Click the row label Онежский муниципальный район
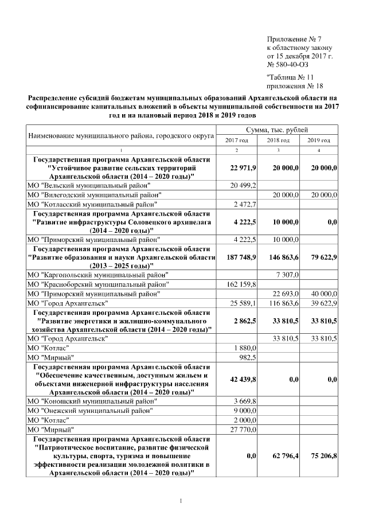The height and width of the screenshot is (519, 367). click(90, 410)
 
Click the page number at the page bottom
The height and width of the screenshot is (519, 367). click(182, 502)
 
